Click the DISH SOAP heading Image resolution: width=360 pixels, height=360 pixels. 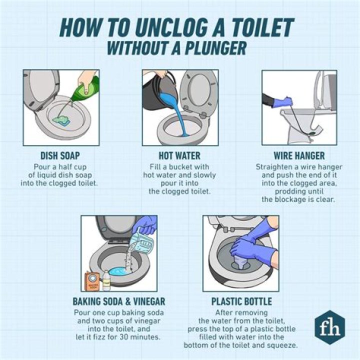[60, 155]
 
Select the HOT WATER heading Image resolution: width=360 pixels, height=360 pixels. [179, 155]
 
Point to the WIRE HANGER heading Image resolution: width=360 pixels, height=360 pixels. [299, 155]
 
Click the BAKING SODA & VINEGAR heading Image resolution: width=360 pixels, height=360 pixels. [118, 301]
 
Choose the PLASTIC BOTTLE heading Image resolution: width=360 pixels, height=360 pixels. [240, 301]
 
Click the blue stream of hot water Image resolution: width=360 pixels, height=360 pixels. [176, 112]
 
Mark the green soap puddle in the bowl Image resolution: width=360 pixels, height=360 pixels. [63, 119]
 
